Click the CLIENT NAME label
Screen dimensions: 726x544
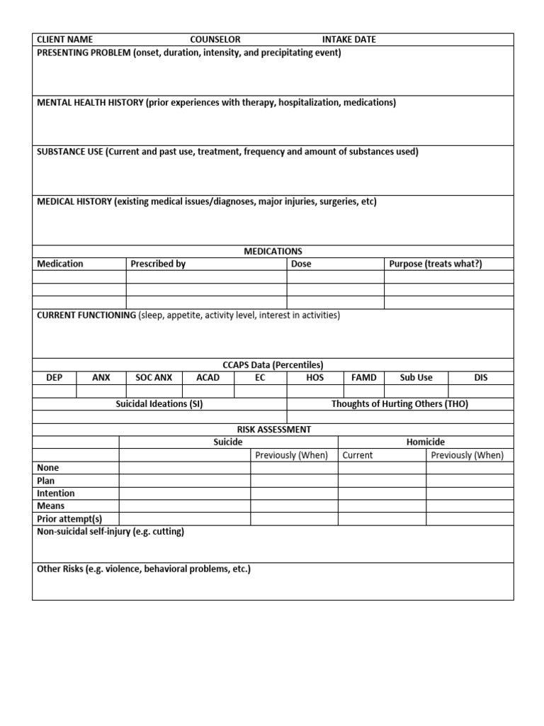coord(64,40)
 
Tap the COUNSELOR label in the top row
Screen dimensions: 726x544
coord(215,40)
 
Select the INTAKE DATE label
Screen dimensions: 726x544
coord(349,40)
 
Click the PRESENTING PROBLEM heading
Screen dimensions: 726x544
coord(84,53)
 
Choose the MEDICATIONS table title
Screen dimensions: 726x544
coord(273,251)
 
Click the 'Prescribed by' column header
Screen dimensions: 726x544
coord(158,264)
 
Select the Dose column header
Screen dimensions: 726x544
coord(301,264)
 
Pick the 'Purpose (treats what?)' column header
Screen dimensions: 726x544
coord(436,264)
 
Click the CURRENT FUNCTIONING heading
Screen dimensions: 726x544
coord(86,315)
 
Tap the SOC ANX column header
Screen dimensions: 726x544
coord(154,378)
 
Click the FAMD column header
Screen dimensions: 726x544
coord(364,378)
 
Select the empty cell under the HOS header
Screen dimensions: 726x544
coord(315,391)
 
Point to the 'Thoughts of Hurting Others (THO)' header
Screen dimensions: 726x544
coord(399,404)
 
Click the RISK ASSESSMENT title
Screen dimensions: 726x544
coord(273,430)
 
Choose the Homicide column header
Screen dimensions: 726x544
coord(426,442)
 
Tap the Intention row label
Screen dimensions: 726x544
coord(56,493)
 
